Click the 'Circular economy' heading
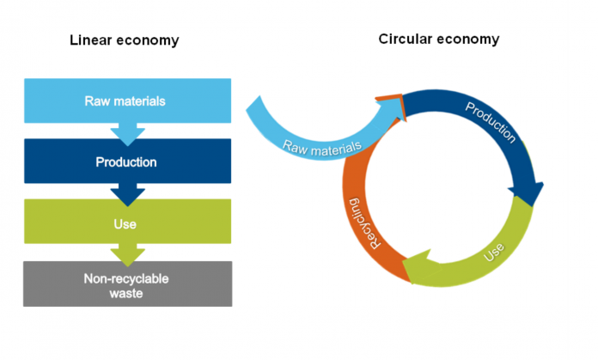(x=439, y=39)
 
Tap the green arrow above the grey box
(x=128, y=253)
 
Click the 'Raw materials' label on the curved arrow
(x=322, y=141)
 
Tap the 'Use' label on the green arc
(x=493, y=253)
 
